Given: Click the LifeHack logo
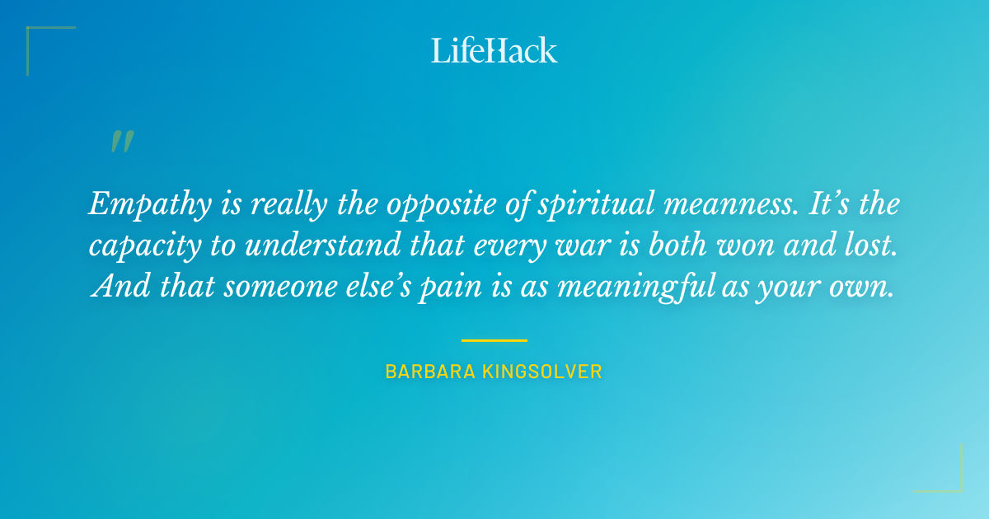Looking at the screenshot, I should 494,50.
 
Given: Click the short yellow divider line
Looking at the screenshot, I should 494,339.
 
